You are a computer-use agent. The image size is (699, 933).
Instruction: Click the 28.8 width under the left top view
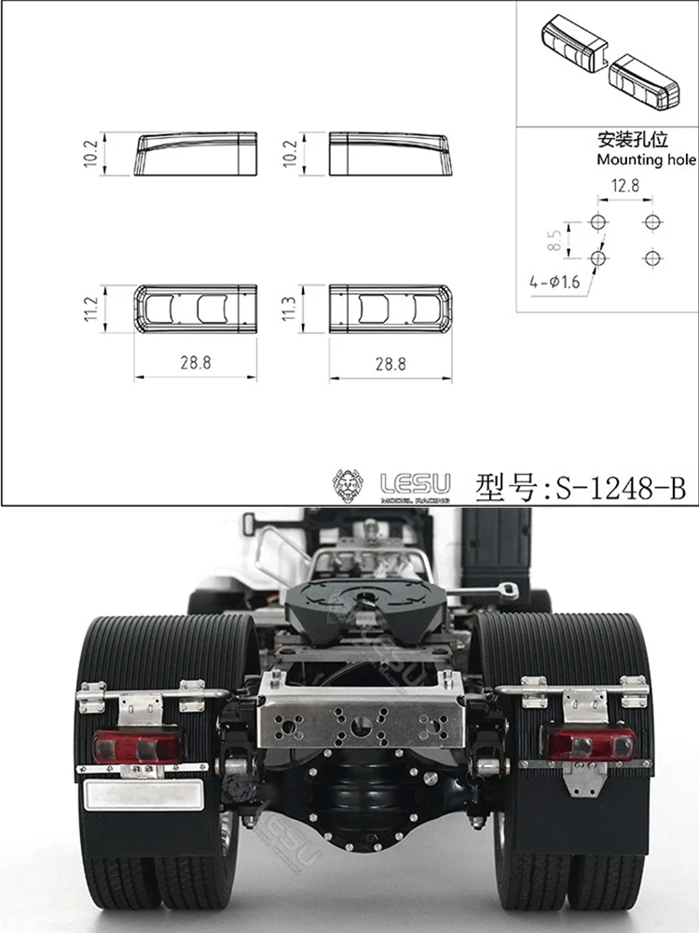pos(196,364)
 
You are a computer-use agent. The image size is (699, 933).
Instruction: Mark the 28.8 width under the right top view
pos(390,364)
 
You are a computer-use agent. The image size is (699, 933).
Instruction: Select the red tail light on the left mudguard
pos(138,745)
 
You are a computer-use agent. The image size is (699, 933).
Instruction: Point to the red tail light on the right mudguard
pos(591,743)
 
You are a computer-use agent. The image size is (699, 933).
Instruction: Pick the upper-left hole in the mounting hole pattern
pos(598,222)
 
